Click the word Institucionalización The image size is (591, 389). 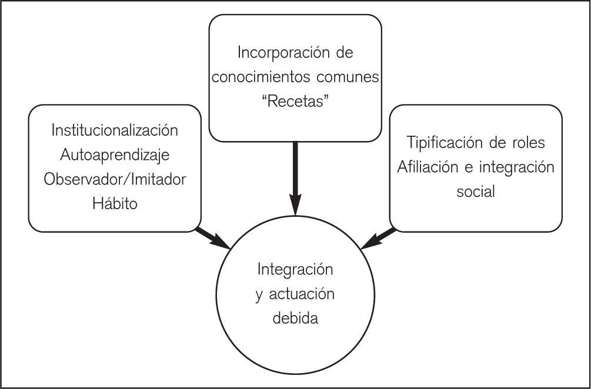point(115,130)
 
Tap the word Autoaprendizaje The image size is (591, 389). point(115,155)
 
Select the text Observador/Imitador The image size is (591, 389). point(115,180)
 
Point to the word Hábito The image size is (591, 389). point(115,204)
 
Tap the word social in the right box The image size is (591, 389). point(475,192)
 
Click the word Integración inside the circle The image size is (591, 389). point(295,270)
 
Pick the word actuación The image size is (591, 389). point(302,294)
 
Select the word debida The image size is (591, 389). point(295,318)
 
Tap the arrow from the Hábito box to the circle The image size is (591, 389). point(213,238)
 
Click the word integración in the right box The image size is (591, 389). point(517,167)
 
